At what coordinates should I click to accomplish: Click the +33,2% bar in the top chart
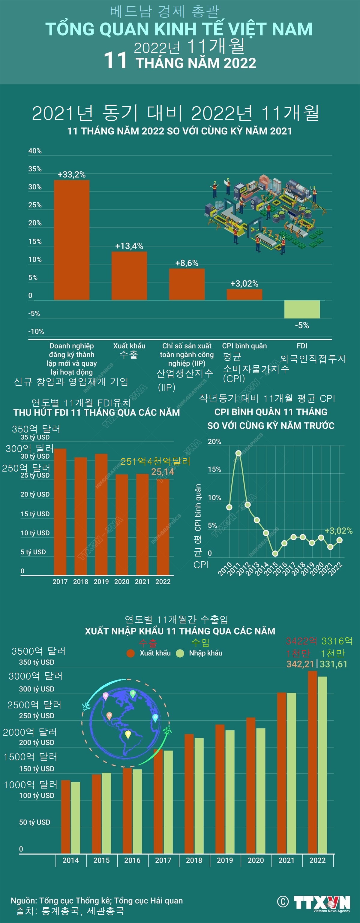(72, 240)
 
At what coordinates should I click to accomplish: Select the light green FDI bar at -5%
(302, 309)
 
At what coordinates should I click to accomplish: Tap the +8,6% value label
(187, 263)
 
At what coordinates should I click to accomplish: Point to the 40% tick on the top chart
(35, 151)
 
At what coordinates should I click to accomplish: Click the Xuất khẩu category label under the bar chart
(129, 346)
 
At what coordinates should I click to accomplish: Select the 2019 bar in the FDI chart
(101, 514)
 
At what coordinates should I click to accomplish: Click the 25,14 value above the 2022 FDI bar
(163, 472)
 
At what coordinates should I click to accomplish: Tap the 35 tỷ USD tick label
(35, 437)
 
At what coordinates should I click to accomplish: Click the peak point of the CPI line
(238, 453)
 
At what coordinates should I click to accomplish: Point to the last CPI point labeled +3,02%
(340, 540)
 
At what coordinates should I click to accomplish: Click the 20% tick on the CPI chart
(214, 442)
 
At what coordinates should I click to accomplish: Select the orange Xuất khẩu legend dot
(131, 653)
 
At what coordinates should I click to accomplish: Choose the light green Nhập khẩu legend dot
(180, 653)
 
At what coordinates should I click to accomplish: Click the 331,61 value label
(334, 664)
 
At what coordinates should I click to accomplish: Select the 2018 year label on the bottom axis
(194, 860)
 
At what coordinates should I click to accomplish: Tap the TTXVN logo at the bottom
(322, 902)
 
